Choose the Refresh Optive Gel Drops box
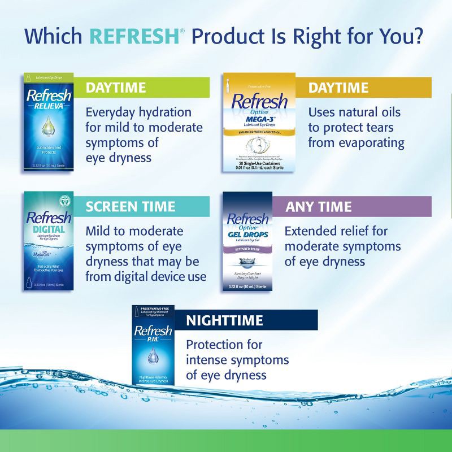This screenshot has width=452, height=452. (247, 242)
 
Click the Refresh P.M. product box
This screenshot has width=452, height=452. (153, 346)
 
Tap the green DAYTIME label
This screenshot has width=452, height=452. (116, 88)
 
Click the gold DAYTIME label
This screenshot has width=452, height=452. (338, 88)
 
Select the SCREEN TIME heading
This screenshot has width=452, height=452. (131, 206)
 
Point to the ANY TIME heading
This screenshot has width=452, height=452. (319, 206)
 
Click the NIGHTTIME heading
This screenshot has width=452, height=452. (224, 321)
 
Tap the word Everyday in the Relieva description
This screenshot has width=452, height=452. (113, 112)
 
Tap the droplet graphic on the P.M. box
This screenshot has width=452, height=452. (153, 355)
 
